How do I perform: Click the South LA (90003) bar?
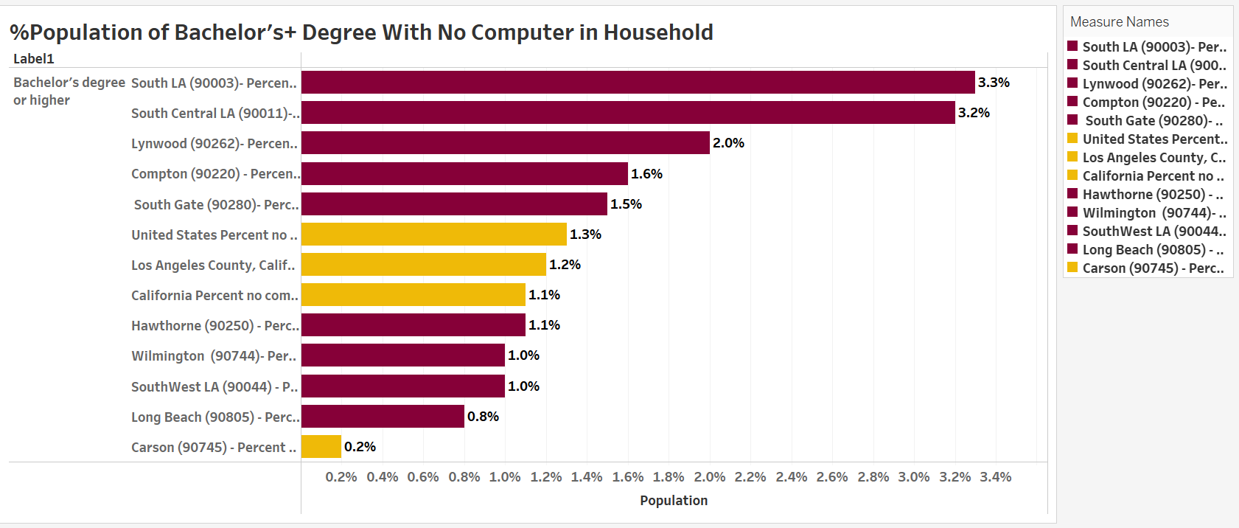click(x=638, y=83)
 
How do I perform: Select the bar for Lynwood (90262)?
click(x=505, y=143)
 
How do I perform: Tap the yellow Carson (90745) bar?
click(x=321, y=447)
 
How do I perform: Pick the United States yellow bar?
click(x=434, y=235)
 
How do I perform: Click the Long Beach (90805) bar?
click(x=383, y=417)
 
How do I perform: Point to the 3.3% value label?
click(x=994, y=83)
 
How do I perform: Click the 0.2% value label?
click(x=360, y=447)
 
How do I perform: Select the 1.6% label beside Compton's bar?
click(x=646, y=174)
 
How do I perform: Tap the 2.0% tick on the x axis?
click(x=710, y=477)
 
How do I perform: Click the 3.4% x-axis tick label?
click(x=995, y=477)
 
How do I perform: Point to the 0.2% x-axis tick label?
click(x=341, y=477)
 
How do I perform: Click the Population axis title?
click(x=674, y=501)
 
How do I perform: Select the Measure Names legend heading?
click(x=1119, y=22)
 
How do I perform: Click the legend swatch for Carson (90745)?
click(x=1072, y=267)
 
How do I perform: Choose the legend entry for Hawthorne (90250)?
click(x=1152, y=195)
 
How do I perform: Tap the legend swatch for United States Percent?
click(x=1072, y=138)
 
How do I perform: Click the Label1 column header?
click(x=34, y=59)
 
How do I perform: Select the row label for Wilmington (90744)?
click(x=214, y=356)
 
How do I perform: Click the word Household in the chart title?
click(x=658, y=32)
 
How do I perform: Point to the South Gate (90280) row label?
click(x=216, y=205)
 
